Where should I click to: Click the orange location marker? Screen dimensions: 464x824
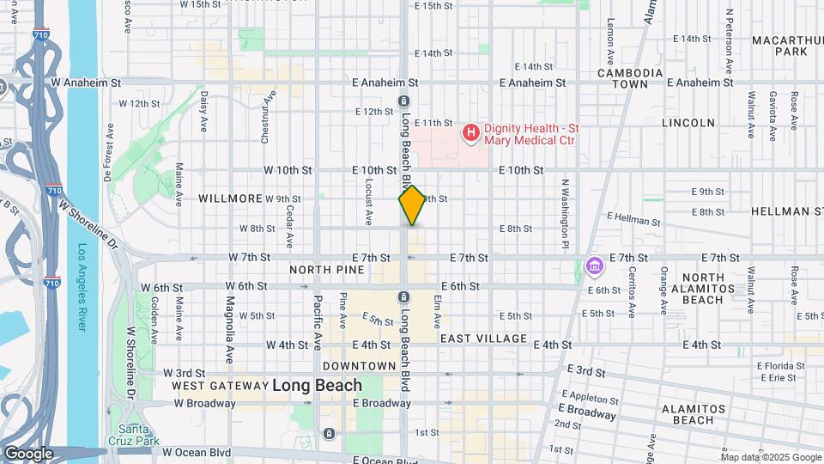(412, 205)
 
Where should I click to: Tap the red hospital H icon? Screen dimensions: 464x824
(470, 131)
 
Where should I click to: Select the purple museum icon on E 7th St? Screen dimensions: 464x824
(594, 267)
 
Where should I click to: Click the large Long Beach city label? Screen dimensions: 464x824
(318, 385)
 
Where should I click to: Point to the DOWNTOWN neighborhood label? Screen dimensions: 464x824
(360, 366)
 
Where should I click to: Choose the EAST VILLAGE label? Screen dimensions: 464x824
(483, 339)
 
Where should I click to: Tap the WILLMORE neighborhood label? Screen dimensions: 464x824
(229, 198)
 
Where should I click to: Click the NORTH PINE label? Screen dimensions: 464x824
(327, 270)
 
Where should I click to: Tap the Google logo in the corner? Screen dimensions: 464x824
(29, 454)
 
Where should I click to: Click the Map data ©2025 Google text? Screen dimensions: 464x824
(770, 457)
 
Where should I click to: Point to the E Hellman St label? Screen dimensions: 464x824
(633, 221)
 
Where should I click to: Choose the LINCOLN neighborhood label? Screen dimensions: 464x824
(688, 123)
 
